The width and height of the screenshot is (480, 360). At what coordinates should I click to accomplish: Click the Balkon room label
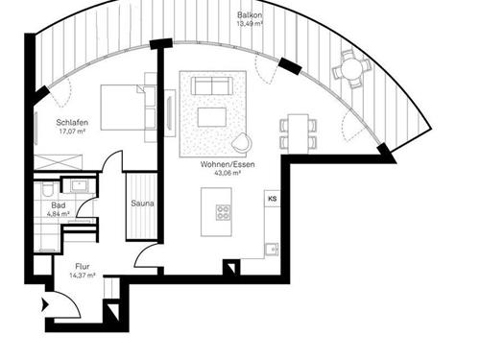pyautogui.click(x=252, y=15)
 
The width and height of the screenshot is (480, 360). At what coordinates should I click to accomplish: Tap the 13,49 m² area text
pyautogui.click(x=252, y=26)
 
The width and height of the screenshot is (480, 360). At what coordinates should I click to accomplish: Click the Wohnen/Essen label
pyautogui.click(x=221, y=164)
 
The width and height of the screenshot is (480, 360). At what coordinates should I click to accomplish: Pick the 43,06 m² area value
pyautogui.click(x=221, y=174)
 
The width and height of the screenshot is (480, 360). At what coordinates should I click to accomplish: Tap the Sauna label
pyautogui.click(x=142, y=204)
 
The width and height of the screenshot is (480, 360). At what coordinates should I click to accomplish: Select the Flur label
pyautogui.click(x=84, y=265)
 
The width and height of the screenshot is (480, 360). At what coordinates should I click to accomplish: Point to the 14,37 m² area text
pyautogui.click(x=84, y=276)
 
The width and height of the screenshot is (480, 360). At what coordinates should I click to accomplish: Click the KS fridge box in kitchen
pyautogui.click(x=273, y=199)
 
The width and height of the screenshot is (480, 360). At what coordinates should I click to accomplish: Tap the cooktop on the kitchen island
pyautogui.click(x=223, y=211)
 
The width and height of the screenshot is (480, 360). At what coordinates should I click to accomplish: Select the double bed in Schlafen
pyautogui.click(x=126, y=107)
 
